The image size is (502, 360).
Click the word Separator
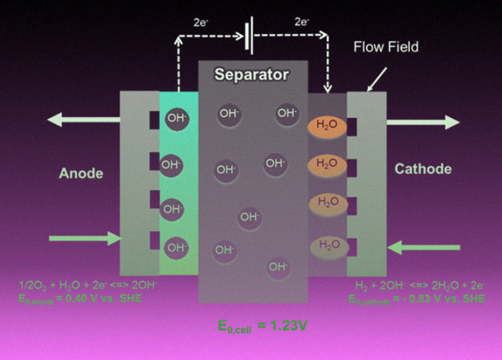click(x=252, y=75)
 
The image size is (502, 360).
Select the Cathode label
click(x=423, y=169)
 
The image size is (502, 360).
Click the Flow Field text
click(x=386, y=47)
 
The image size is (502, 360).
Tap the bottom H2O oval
click(x=327, y=244)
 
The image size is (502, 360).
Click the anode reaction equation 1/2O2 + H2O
click(x=77, y=285)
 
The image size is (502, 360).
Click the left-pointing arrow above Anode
click(x=81, y=120)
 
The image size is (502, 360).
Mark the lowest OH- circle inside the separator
click(x=279, y=265)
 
